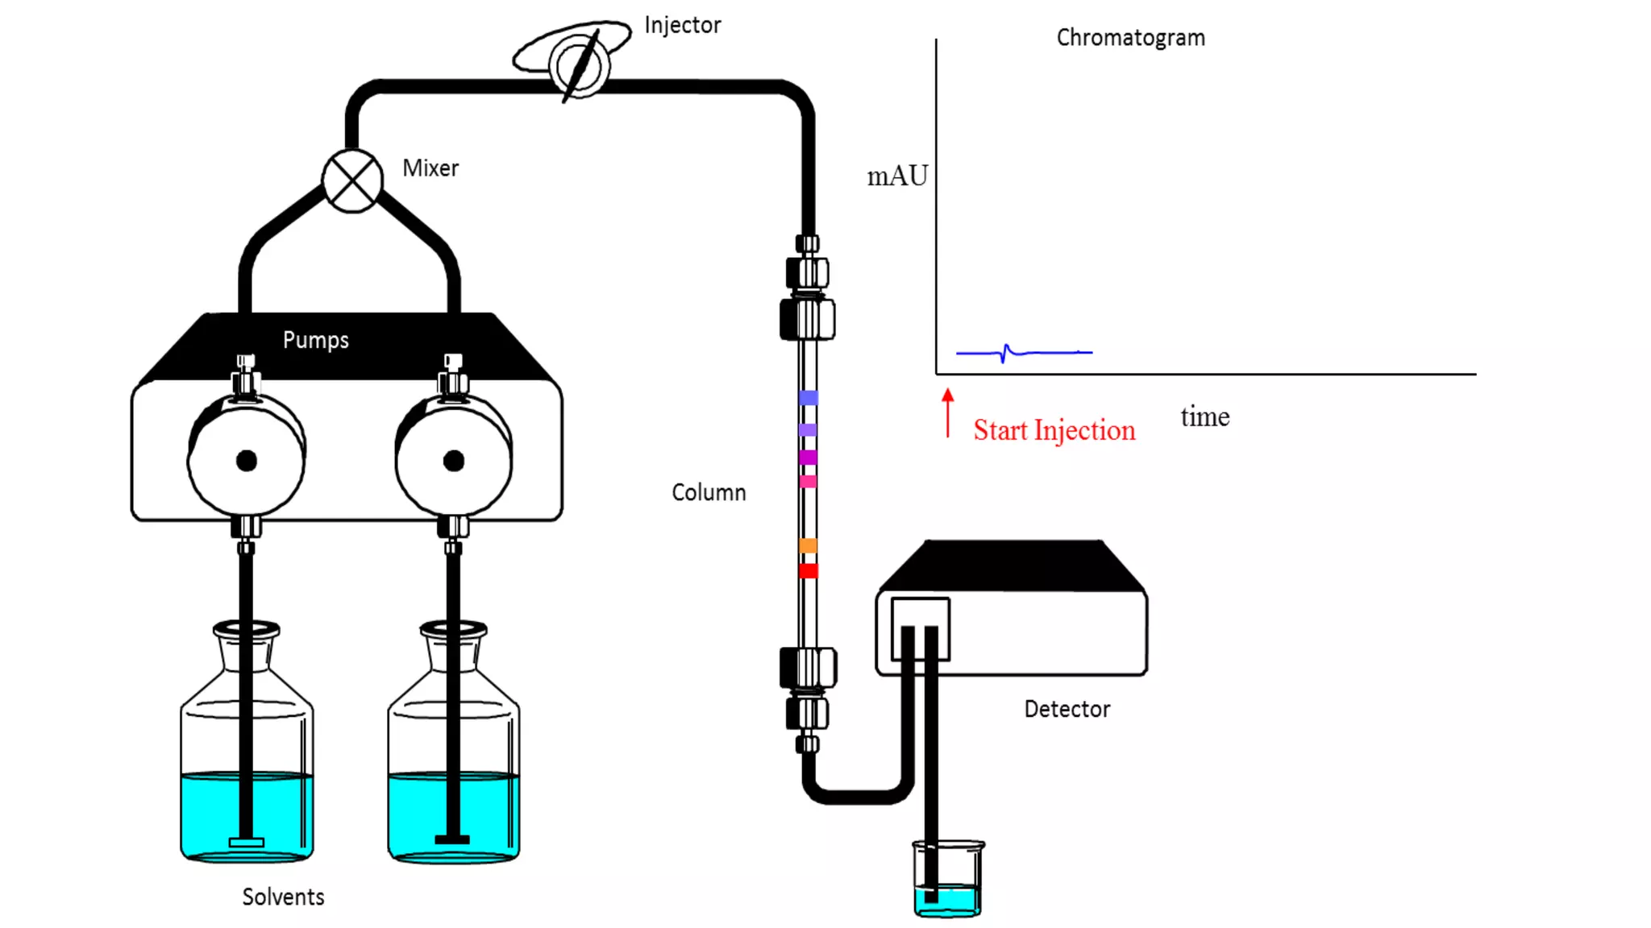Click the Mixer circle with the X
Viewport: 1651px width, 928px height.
[x=352, y=180]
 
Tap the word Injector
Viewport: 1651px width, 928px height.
[x=682, y=26]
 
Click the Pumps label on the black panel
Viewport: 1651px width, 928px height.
[x=315, y=340]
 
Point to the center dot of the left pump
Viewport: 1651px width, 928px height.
[x=247, y=461]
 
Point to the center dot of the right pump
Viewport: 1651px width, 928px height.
[x=454, y=461]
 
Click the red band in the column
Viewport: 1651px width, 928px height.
[x=808, y=571]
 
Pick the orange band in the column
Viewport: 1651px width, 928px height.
[x=808, y=546]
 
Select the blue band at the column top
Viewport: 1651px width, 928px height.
[x=808, y=398]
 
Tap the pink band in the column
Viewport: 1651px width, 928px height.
[x=808, y=482]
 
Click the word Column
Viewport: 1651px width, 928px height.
[x=709, y=493]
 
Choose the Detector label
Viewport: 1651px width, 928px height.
[x=1067, y=710]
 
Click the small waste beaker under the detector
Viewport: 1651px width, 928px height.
[x=948, y=880]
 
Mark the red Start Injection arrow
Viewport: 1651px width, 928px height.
[x=948, y=413]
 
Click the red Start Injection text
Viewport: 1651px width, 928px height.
[x=1054, y=430]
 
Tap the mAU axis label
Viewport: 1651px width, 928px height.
[x=897, y=176]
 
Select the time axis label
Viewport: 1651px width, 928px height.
[x=1205, y=417]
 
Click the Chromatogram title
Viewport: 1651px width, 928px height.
[x=1130, y=38]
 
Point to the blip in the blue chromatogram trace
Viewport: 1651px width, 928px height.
[x=1006, y=353]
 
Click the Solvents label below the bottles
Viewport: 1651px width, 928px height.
[x=283, y=897]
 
